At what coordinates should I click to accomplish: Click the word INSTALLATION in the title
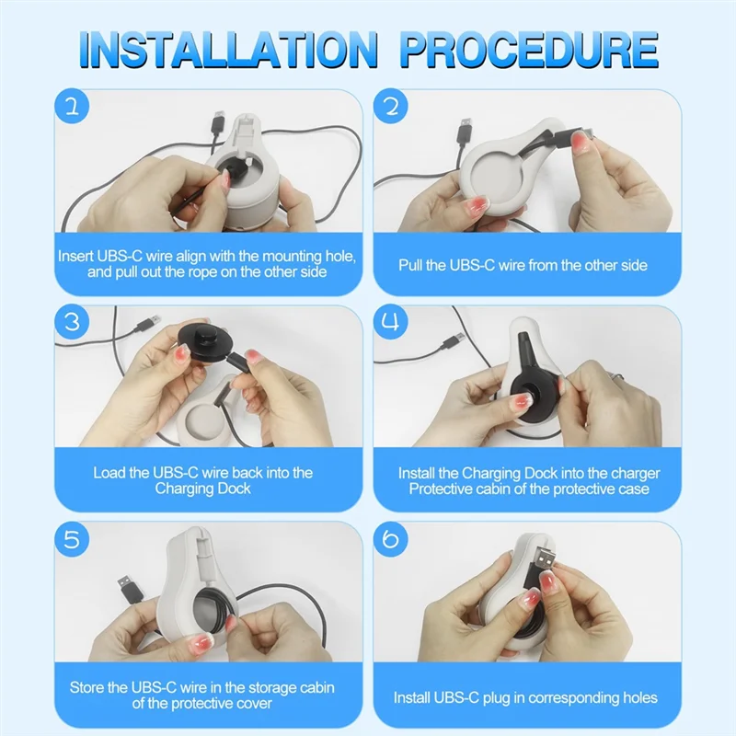228,50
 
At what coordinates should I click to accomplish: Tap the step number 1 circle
72,107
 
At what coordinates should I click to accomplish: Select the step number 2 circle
391,107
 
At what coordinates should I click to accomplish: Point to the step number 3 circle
72,323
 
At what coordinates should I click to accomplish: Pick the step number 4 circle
391,323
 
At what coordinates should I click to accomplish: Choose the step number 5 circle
72,539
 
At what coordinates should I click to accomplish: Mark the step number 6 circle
391,539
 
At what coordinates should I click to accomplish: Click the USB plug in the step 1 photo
218,123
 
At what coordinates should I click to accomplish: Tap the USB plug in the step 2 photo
465,132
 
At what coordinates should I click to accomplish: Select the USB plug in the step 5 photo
126,587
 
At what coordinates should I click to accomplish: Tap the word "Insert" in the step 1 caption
75,257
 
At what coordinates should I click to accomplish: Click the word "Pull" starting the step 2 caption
410,265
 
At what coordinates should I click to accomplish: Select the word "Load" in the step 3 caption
108,472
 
